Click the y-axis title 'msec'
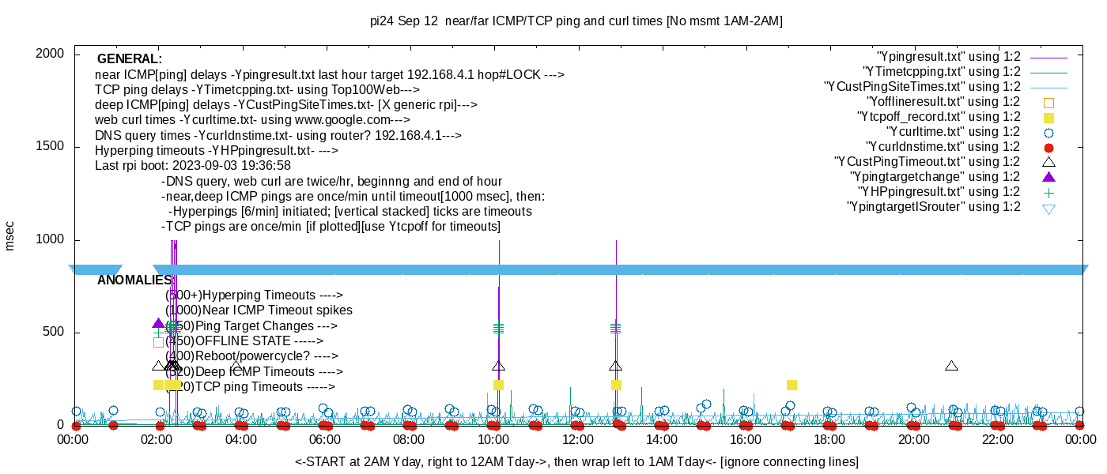[x=10, y=235]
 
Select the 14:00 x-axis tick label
[x=662, y=440]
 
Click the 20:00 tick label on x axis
[x=913, y=440]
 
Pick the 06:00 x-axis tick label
[x=325, y=440]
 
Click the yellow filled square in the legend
[x=1049, y=117]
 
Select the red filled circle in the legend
[x=1049, y=147]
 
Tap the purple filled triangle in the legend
[x=1049, y=177]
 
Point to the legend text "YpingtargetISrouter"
[x=933, y=207]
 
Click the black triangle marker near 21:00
[x=951, y=366]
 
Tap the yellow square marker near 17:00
[x=792, y=385]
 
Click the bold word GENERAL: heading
[x=130, y=59]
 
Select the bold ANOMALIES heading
[x=134, y=280]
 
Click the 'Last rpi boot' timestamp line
[x=193, y=166]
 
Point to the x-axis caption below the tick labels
[x=576, y=461]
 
